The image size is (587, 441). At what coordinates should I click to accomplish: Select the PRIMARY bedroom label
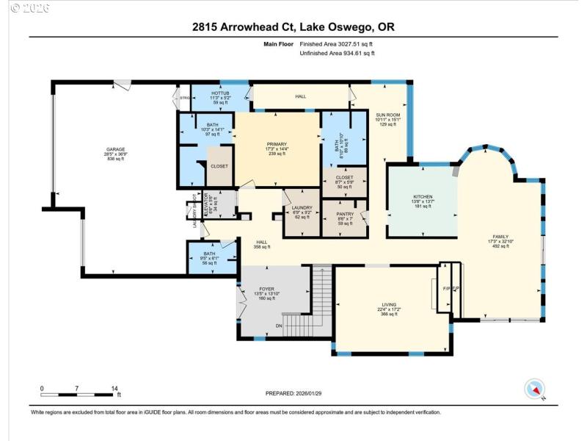point(277,144)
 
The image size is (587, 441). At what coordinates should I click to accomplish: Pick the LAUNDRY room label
point(302,208)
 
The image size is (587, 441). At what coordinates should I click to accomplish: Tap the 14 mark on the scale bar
point(114,388)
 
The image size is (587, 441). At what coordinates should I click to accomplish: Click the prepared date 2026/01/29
point(293,394)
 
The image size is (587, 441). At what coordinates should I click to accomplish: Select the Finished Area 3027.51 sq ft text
point(338,44)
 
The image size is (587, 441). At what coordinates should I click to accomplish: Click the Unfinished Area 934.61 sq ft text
point(338,53)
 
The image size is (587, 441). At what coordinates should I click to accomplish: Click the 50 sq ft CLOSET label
point(344,177)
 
